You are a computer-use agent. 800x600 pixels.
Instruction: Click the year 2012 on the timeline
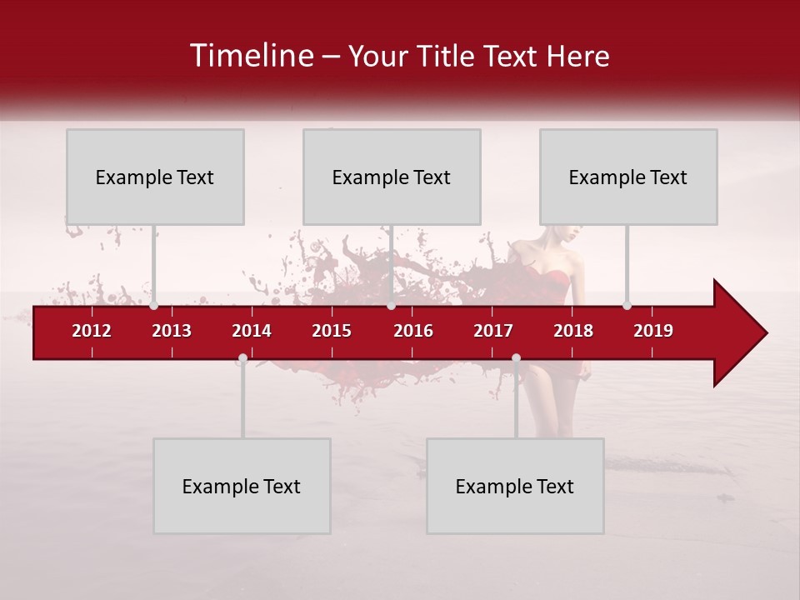pos(92,331)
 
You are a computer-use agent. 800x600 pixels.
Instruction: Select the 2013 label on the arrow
pos(172,331)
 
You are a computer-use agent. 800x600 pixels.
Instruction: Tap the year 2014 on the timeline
pos(252,331)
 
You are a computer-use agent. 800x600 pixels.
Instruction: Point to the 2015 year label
pos(332,331)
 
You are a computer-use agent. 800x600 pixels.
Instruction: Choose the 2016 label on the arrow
pos(413,331)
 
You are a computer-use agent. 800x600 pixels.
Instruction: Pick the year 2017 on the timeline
pos(493,331)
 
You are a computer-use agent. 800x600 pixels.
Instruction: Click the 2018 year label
pos(573,331)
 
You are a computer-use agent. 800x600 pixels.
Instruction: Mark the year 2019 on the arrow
pos(653,331)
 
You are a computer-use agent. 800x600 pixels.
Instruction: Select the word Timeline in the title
pos(252,56)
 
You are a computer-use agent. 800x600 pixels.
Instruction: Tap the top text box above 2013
pos(155,177)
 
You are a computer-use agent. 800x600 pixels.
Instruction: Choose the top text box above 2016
pos(392,177)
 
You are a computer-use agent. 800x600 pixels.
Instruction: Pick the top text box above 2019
pos(628,177)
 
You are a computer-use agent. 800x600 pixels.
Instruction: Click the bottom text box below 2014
pos(242,486)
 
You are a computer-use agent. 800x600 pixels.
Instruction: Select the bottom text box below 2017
pos(515,486)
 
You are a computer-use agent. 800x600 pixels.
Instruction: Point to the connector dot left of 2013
pos(154,305)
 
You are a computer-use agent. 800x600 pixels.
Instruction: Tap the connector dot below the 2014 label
pos(242,358)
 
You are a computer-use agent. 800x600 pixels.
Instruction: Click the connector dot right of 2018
pos(627,305)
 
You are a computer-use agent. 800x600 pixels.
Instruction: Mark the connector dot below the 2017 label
pos(516,358)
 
